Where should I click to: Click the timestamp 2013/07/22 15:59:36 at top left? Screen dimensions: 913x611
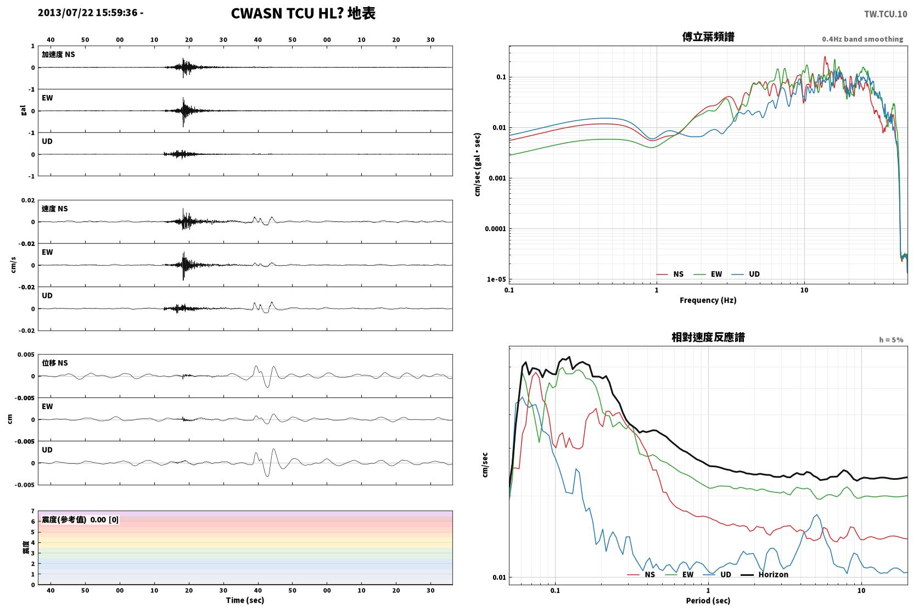pyautogui.click(x=88, y=13)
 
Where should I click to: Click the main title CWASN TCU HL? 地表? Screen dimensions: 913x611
pyautogui.click(x=303, y=14)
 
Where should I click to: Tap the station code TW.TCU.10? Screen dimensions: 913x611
pyautogui.click(x=886, y=14)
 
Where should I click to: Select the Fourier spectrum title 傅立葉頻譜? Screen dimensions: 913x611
pyautogui.click(x=708, y=37)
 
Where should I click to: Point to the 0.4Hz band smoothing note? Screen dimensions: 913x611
pyautogui.click(x=862, y=39)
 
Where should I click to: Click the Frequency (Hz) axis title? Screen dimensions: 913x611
pyautogui.click(x=708, y=300)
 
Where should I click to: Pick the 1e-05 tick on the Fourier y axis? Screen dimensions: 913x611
pyautogui.click(x=496, y=279)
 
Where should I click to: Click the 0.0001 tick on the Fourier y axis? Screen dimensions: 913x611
pyautogui.click(x=495, y=229)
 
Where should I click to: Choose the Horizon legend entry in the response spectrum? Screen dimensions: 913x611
pyautogui.click(x=764, y=575)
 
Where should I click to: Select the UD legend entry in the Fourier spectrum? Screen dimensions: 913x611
pyautogui.click(x=746, y=274)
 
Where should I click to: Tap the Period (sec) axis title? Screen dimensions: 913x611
pyautogui.click(x=708, y=601)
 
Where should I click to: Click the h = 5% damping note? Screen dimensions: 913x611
pyautogui.click(x=891, y=340)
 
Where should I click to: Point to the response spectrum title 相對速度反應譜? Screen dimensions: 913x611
pyautogui.click(x=708, y=338)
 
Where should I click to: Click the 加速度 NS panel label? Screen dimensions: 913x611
pyautogui.click(x=58, y=54)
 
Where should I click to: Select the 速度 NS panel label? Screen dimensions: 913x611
pyautogui.click(x=54, y=209)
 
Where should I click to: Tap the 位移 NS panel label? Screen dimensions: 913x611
pyautogui.click(x=54, y=363)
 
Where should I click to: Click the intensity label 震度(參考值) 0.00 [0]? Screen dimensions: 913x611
pyautogui.click(x=80, y=520)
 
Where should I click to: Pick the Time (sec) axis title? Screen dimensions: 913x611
pyautogui.click(x=245, y=601)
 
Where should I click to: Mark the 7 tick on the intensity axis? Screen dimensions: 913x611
pyautogui.click(x=33, y=511)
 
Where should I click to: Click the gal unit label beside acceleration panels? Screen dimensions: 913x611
pyautogui.click(x=23, y=110)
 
